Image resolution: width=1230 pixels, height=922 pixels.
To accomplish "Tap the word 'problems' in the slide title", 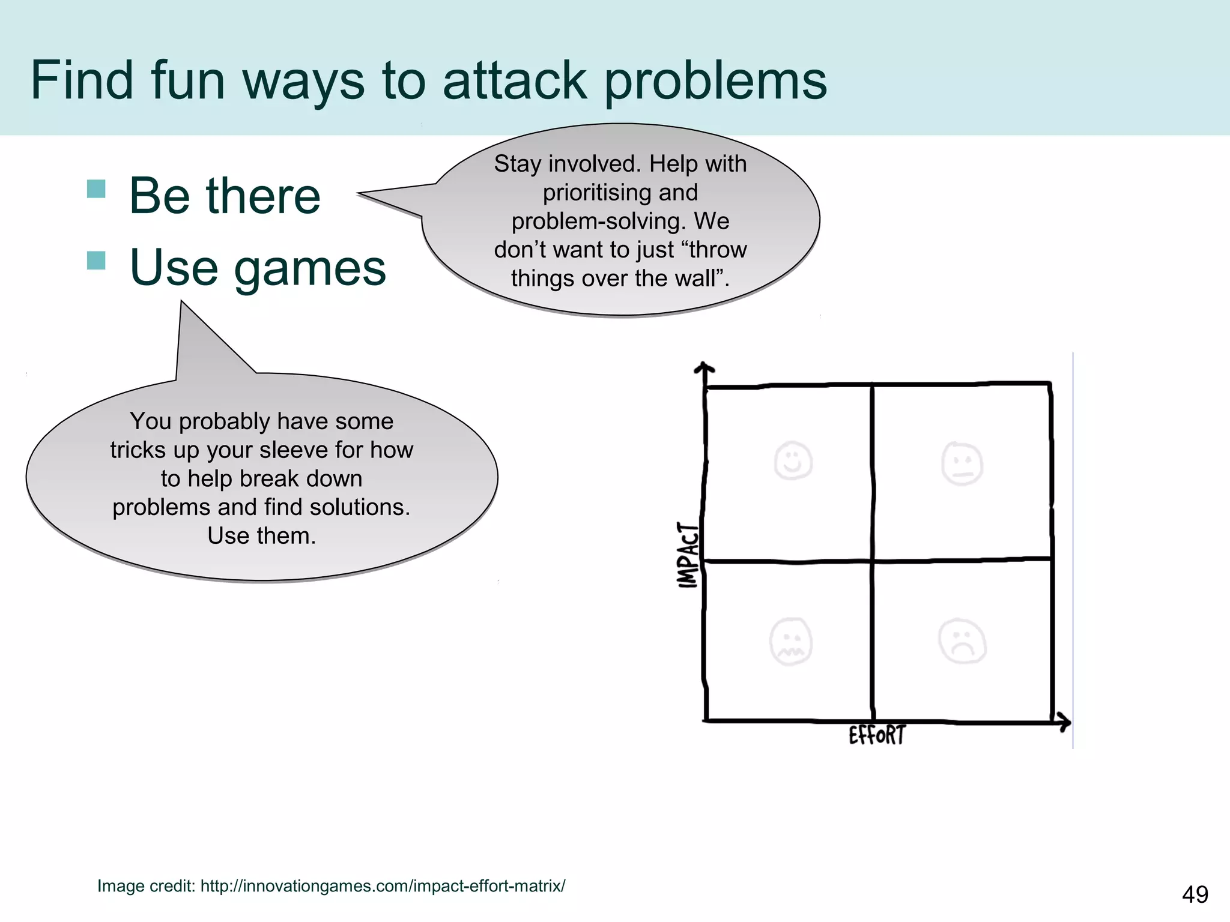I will (715, 82).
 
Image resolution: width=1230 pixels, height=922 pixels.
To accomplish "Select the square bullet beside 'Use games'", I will (96, 261).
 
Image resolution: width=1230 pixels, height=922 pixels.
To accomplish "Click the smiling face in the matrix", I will (793, 461).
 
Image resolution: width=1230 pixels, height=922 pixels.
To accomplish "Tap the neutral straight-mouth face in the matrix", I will (962, 463).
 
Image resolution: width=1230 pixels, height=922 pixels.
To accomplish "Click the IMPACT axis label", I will (688, 555).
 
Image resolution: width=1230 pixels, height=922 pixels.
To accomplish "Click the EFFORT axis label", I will (877, 735).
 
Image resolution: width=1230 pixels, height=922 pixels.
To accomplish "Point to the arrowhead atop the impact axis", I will (704, 367).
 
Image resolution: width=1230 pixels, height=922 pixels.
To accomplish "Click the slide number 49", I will (1195, 894).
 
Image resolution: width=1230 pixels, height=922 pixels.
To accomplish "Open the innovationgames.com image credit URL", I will (383, 886).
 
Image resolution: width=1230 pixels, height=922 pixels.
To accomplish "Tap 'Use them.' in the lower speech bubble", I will (261, 535).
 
